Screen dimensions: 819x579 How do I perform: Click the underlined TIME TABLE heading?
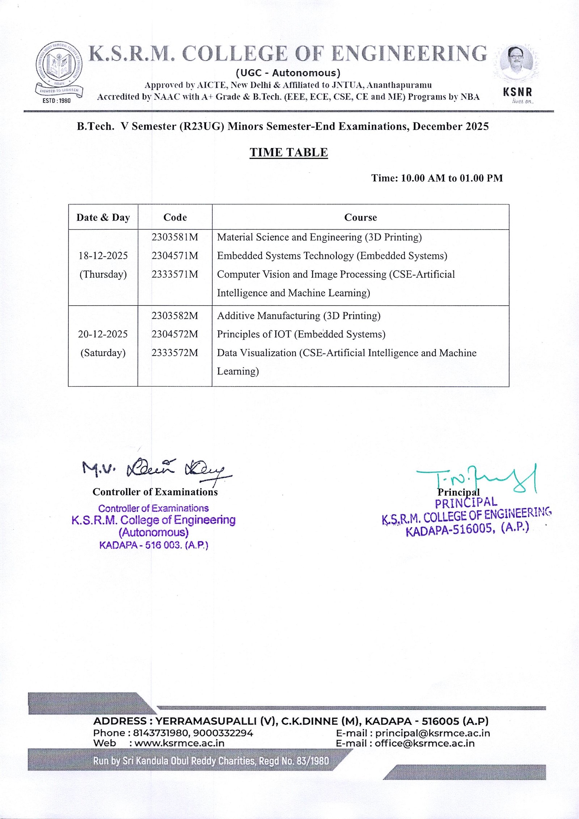(288, 152)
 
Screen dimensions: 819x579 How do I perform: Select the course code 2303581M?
(175, 237)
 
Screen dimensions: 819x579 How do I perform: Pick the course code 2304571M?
(175, 256)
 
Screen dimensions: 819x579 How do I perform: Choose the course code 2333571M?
(175, 274)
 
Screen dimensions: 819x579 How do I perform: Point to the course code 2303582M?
(175, 316)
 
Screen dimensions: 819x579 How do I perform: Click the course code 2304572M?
(175, 334)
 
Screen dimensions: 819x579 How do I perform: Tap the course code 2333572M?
(175, 353)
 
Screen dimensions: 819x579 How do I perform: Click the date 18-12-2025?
(103, 256)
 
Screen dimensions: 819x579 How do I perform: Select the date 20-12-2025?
(103, 334)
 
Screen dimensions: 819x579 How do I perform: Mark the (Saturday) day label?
(103, 353)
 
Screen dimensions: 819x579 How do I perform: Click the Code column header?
(175, 217)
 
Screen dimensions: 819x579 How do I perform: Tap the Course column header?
(360, 217)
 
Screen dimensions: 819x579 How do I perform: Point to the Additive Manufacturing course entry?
(299, 316)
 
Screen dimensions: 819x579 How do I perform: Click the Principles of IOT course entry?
(301, 334)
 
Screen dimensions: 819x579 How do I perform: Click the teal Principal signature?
(478, 478)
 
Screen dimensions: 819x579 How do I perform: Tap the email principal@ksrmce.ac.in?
(432, 733)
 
